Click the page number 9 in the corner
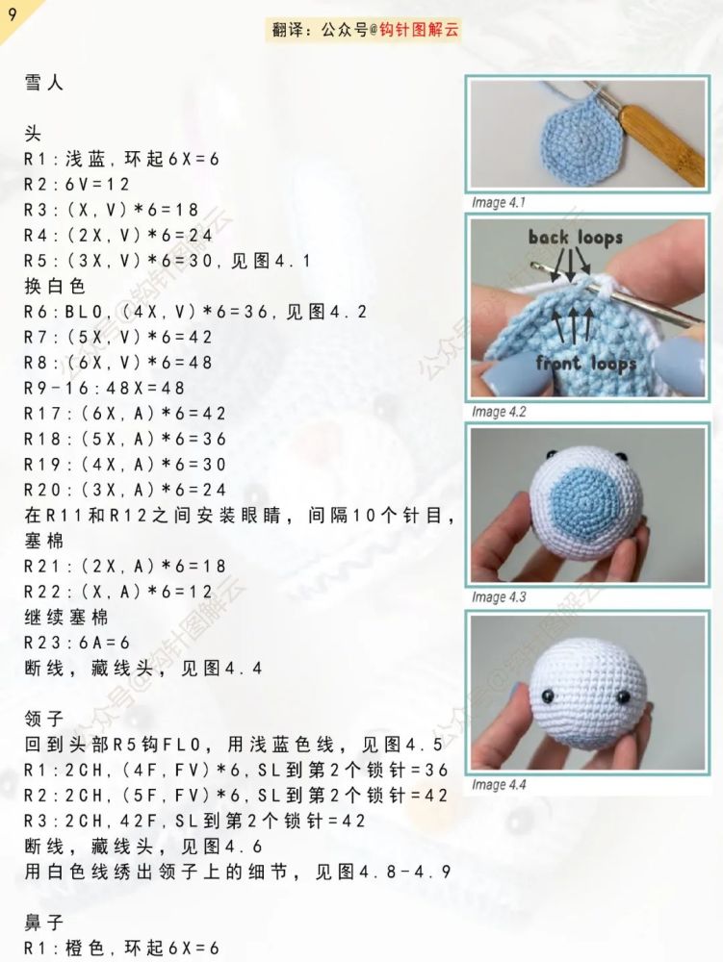[x=12, y=13]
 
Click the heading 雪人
[x=43, y=84]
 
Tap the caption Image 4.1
[x=498, y=203]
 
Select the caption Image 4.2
[x=499, y=412]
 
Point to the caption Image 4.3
[x=499, y=597]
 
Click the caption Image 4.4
[x=499, y=785]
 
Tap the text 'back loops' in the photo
[x=575, y=237]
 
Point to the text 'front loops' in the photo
[x=586, y=363]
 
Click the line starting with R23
[x=77, y=642]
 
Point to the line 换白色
[x=55, y=287]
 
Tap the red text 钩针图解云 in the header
[x=422, y=31]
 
